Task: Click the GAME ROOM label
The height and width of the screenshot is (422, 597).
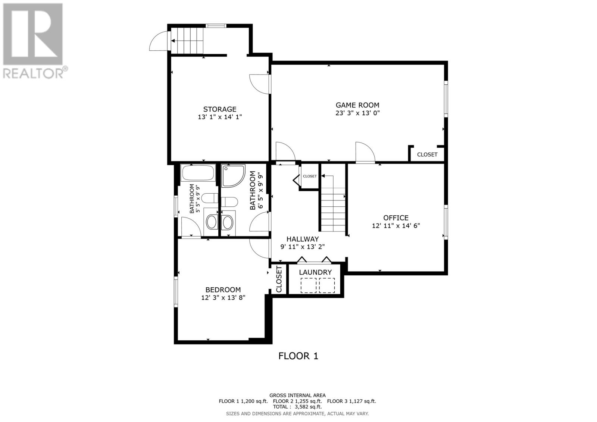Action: click(357, 105)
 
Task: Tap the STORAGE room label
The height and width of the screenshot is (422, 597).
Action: click(220, 109)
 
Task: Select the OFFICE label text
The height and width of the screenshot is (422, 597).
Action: click(396, 218)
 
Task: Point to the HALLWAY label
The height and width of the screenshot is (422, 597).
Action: click(303, 239)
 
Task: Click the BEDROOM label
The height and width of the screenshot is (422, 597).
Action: click(223, 290)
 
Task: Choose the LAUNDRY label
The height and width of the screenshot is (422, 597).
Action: click(315, 272)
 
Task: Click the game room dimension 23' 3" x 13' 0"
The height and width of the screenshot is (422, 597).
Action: click(357, 113)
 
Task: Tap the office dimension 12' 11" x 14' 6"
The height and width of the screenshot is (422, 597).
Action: click(396, 226)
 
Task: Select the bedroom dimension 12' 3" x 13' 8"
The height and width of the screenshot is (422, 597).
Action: click(223, 297)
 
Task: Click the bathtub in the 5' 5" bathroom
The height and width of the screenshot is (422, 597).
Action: click(198, 173)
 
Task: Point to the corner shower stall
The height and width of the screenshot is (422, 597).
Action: click(233, 176)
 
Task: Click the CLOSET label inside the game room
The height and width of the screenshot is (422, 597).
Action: click(427, 154)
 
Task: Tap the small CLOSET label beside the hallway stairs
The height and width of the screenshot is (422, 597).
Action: click(310, 176)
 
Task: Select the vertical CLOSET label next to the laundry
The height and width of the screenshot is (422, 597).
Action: click(279, 279)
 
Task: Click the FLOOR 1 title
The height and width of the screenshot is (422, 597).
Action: click(298, 356)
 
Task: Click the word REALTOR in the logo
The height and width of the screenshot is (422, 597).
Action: click(33, 74)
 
